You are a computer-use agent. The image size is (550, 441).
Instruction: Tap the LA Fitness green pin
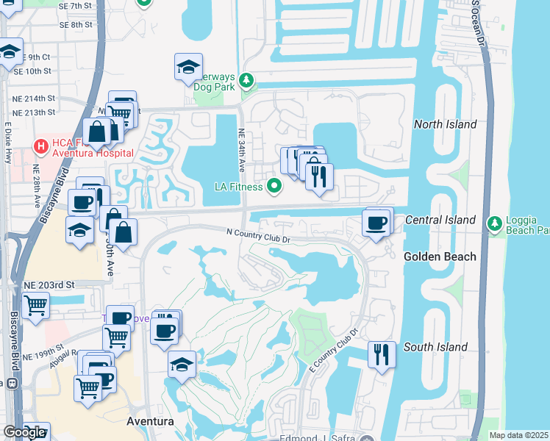tap(275, 186)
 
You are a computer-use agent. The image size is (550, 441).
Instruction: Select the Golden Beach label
tap(440, 257)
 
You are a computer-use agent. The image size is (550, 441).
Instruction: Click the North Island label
tap(445, 125)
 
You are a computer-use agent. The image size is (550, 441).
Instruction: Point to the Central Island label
tap(440, 220)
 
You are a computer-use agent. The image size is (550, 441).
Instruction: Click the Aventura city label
tap(149, 422)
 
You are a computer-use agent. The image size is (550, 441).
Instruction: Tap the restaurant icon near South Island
tap(381, 355)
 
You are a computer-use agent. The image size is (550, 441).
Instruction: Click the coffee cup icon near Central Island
tap(377, 222)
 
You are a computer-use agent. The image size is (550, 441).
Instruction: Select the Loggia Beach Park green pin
tap(495, 223)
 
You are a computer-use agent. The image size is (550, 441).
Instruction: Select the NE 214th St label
tap(29, 98)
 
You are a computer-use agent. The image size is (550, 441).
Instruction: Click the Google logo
tap(24, 432)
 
